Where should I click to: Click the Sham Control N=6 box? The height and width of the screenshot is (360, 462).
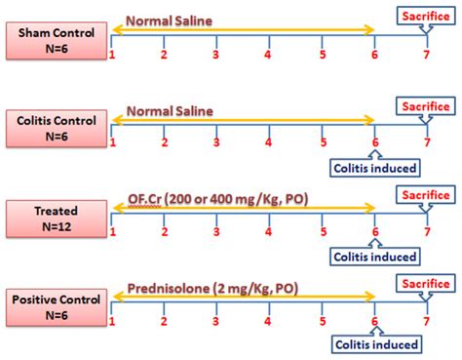pos(55,39)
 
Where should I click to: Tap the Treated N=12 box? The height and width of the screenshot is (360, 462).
pos(55,215)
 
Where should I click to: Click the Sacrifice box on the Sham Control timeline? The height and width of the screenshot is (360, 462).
pos(426,14)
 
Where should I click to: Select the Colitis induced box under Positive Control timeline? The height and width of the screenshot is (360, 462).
pos(375,343)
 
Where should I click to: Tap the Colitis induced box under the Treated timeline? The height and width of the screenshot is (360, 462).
pos(375,257)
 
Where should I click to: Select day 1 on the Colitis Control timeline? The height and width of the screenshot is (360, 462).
pos(113,142)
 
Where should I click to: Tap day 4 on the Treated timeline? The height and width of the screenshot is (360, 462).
pos(268,231)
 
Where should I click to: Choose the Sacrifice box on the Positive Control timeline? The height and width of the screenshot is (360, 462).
pos(426,283)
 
